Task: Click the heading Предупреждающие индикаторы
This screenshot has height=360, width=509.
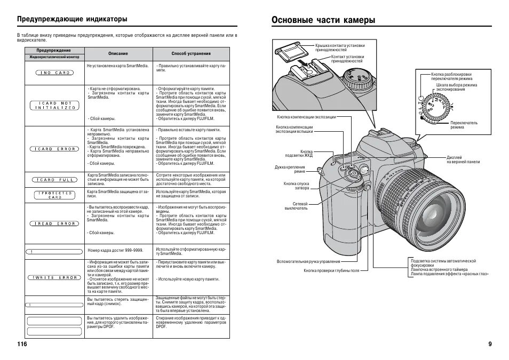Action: pos(72,19)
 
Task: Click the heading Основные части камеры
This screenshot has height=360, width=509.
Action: pos(323,20)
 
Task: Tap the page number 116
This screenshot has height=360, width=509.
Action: pos(21,344)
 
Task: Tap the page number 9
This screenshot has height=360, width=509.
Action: pos(489,344)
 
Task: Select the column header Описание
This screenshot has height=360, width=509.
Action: pos(118,53)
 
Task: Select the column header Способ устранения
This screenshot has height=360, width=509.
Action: pos(190,53)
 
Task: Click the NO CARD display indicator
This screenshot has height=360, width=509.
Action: pos(53,73)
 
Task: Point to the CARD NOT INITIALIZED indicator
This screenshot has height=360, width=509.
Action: pos(53,105)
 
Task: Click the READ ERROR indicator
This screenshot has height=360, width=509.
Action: pos(53,224)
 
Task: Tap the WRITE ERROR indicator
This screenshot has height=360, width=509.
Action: pos(53,278)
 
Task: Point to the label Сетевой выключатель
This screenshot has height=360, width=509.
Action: pos(297,205)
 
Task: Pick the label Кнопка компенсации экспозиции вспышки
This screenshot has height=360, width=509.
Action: pos(294,130)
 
